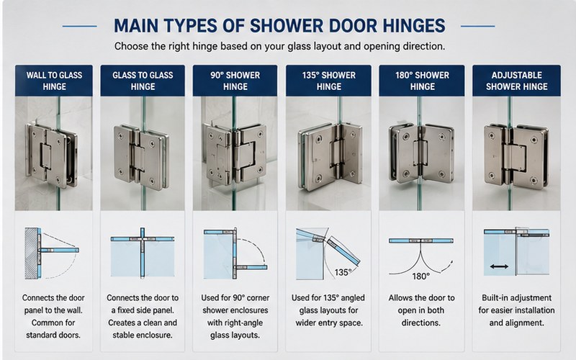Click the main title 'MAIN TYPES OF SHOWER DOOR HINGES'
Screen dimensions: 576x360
pos(279,26)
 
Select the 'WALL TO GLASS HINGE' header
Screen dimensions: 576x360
pos(54,81)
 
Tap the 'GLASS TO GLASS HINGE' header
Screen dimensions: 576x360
pos(143,81)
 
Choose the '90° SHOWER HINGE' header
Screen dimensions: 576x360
pos(235,81)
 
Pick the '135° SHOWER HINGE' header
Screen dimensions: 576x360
pos(329,81)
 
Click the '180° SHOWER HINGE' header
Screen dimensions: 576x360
pos(422,81)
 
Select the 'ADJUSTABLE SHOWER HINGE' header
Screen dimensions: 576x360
pos(516,81)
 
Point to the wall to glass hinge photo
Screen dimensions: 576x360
pos(54,153)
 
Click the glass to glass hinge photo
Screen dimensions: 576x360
pos(143,153)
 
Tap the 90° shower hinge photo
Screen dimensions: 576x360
pos(235,153)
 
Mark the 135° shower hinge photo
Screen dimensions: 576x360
pos(329,153)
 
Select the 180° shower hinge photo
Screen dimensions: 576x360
pos(422,153)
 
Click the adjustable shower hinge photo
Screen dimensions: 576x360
pos(516,153)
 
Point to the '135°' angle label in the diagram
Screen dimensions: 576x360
pos(343,272)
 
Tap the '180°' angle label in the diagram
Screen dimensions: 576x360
pos(420,276)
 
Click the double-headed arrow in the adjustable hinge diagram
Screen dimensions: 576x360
pos(499,266)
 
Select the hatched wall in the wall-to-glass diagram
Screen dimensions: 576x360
pos(31,253)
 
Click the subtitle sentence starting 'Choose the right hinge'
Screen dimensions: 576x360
pos(279,46)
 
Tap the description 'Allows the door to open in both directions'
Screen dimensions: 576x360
pos(421,310)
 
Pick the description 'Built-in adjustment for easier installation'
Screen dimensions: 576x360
pos(516,310)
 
